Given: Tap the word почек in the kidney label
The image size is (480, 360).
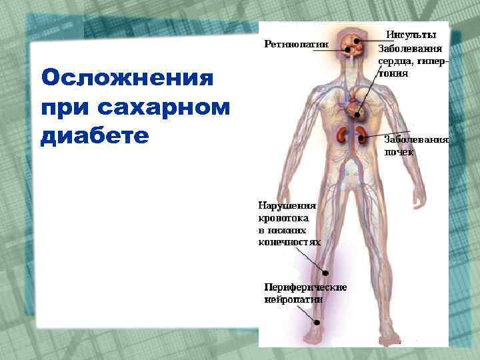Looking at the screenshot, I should [x=399, y=152].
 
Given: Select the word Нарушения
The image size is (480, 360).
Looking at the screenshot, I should [x=287, y=206].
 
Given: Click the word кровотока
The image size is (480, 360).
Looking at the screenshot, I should [x=287, y=218].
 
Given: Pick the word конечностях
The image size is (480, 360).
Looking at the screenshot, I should [x=289, y=242].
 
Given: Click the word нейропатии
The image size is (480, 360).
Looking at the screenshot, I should [x=294, y=299].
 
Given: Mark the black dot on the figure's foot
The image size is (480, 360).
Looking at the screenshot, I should [x=317, y=322].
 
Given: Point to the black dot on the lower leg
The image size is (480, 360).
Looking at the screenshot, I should [x=326, y=272].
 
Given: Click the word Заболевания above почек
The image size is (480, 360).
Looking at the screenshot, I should [x=417, y=140].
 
